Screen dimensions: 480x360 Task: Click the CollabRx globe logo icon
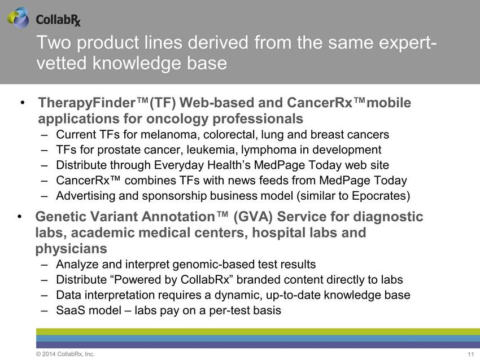[18, 18]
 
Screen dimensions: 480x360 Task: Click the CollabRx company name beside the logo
[58, 20]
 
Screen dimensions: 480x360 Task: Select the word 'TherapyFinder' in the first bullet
[87, 103]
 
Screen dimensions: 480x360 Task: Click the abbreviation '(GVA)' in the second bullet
[253, 217]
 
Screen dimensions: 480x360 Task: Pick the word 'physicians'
[71, 249]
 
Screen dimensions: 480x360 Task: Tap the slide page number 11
[471, 354]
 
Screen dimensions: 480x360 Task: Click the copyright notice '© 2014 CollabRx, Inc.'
[65, 354]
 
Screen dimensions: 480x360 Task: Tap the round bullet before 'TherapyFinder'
[23, 103]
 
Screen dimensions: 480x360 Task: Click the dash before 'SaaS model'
[45, 311]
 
